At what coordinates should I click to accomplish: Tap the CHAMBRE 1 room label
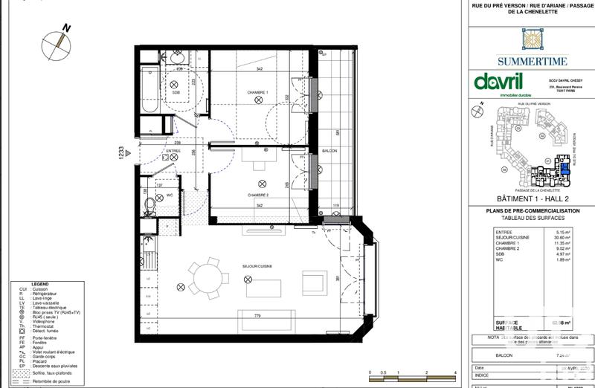(x=257, y=92)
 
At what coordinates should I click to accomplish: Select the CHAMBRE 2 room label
(x=257, y=195)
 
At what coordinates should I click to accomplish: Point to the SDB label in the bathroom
(x=176, y=92)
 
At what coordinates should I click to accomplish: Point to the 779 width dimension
(x=257, y=316)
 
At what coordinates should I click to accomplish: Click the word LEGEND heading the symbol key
(x=40, y=284)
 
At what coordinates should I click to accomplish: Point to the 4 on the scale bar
(x=454, y=371)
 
